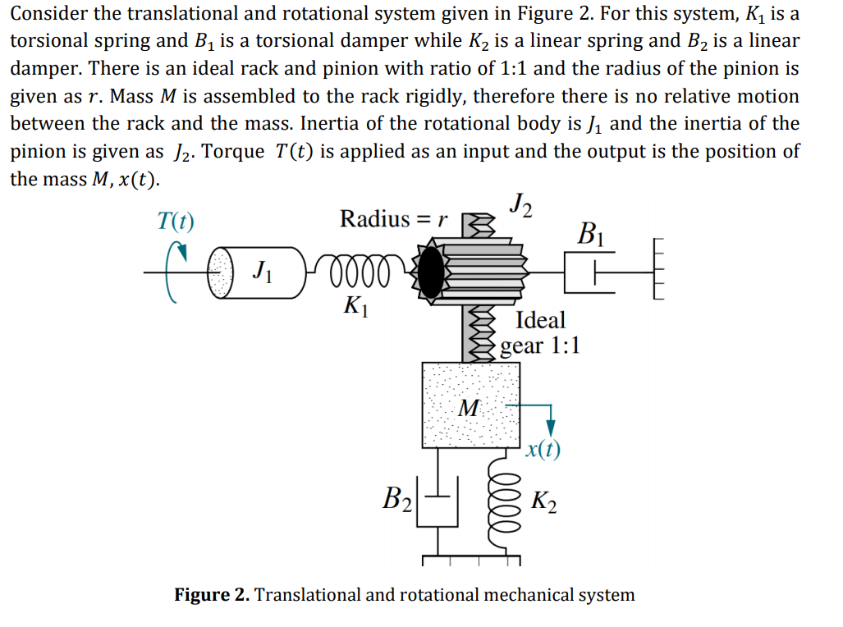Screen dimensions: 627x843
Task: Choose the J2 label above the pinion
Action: pyautogui.click(x=520, y=204)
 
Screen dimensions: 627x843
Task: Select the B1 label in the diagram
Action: pyautogui.click(x=592, y=233)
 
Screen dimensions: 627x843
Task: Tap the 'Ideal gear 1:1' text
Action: pyautogui.click(x=540, y=332)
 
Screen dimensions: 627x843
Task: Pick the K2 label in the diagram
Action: pyautogui.click(x=544, y=500)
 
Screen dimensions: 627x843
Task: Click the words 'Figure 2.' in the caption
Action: pyautogui.click(x=211, y=595)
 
